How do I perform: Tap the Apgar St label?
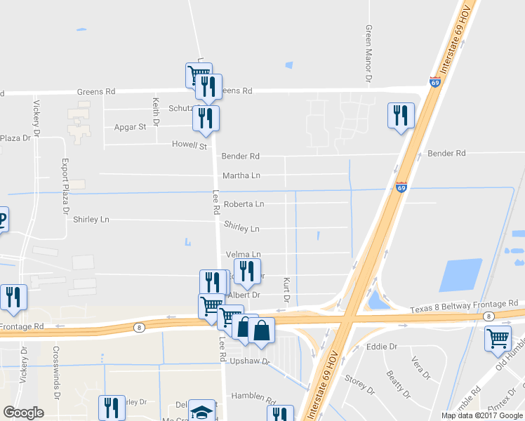pos(130,127)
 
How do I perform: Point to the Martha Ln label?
pos(241,175)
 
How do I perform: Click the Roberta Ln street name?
pos(244,204)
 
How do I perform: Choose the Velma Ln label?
pos(243,254)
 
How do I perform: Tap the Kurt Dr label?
pos(286,289)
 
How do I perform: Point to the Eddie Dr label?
pos(382,347)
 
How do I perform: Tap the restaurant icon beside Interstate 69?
pos(401,116)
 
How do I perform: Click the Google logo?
pos(23,413)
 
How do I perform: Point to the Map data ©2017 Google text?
pos(481,415)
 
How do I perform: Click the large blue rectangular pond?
pos(460,275)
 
